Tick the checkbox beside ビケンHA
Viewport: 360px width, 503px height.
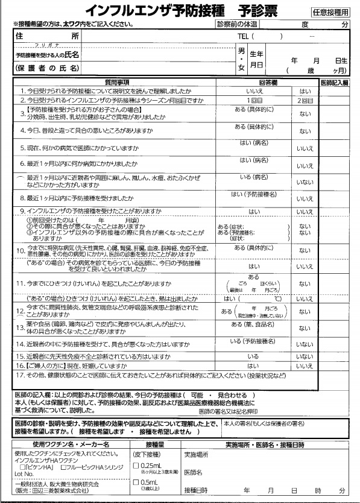point(23,467)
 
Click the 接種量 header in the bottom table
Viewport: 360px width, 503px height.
point(150,444)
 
